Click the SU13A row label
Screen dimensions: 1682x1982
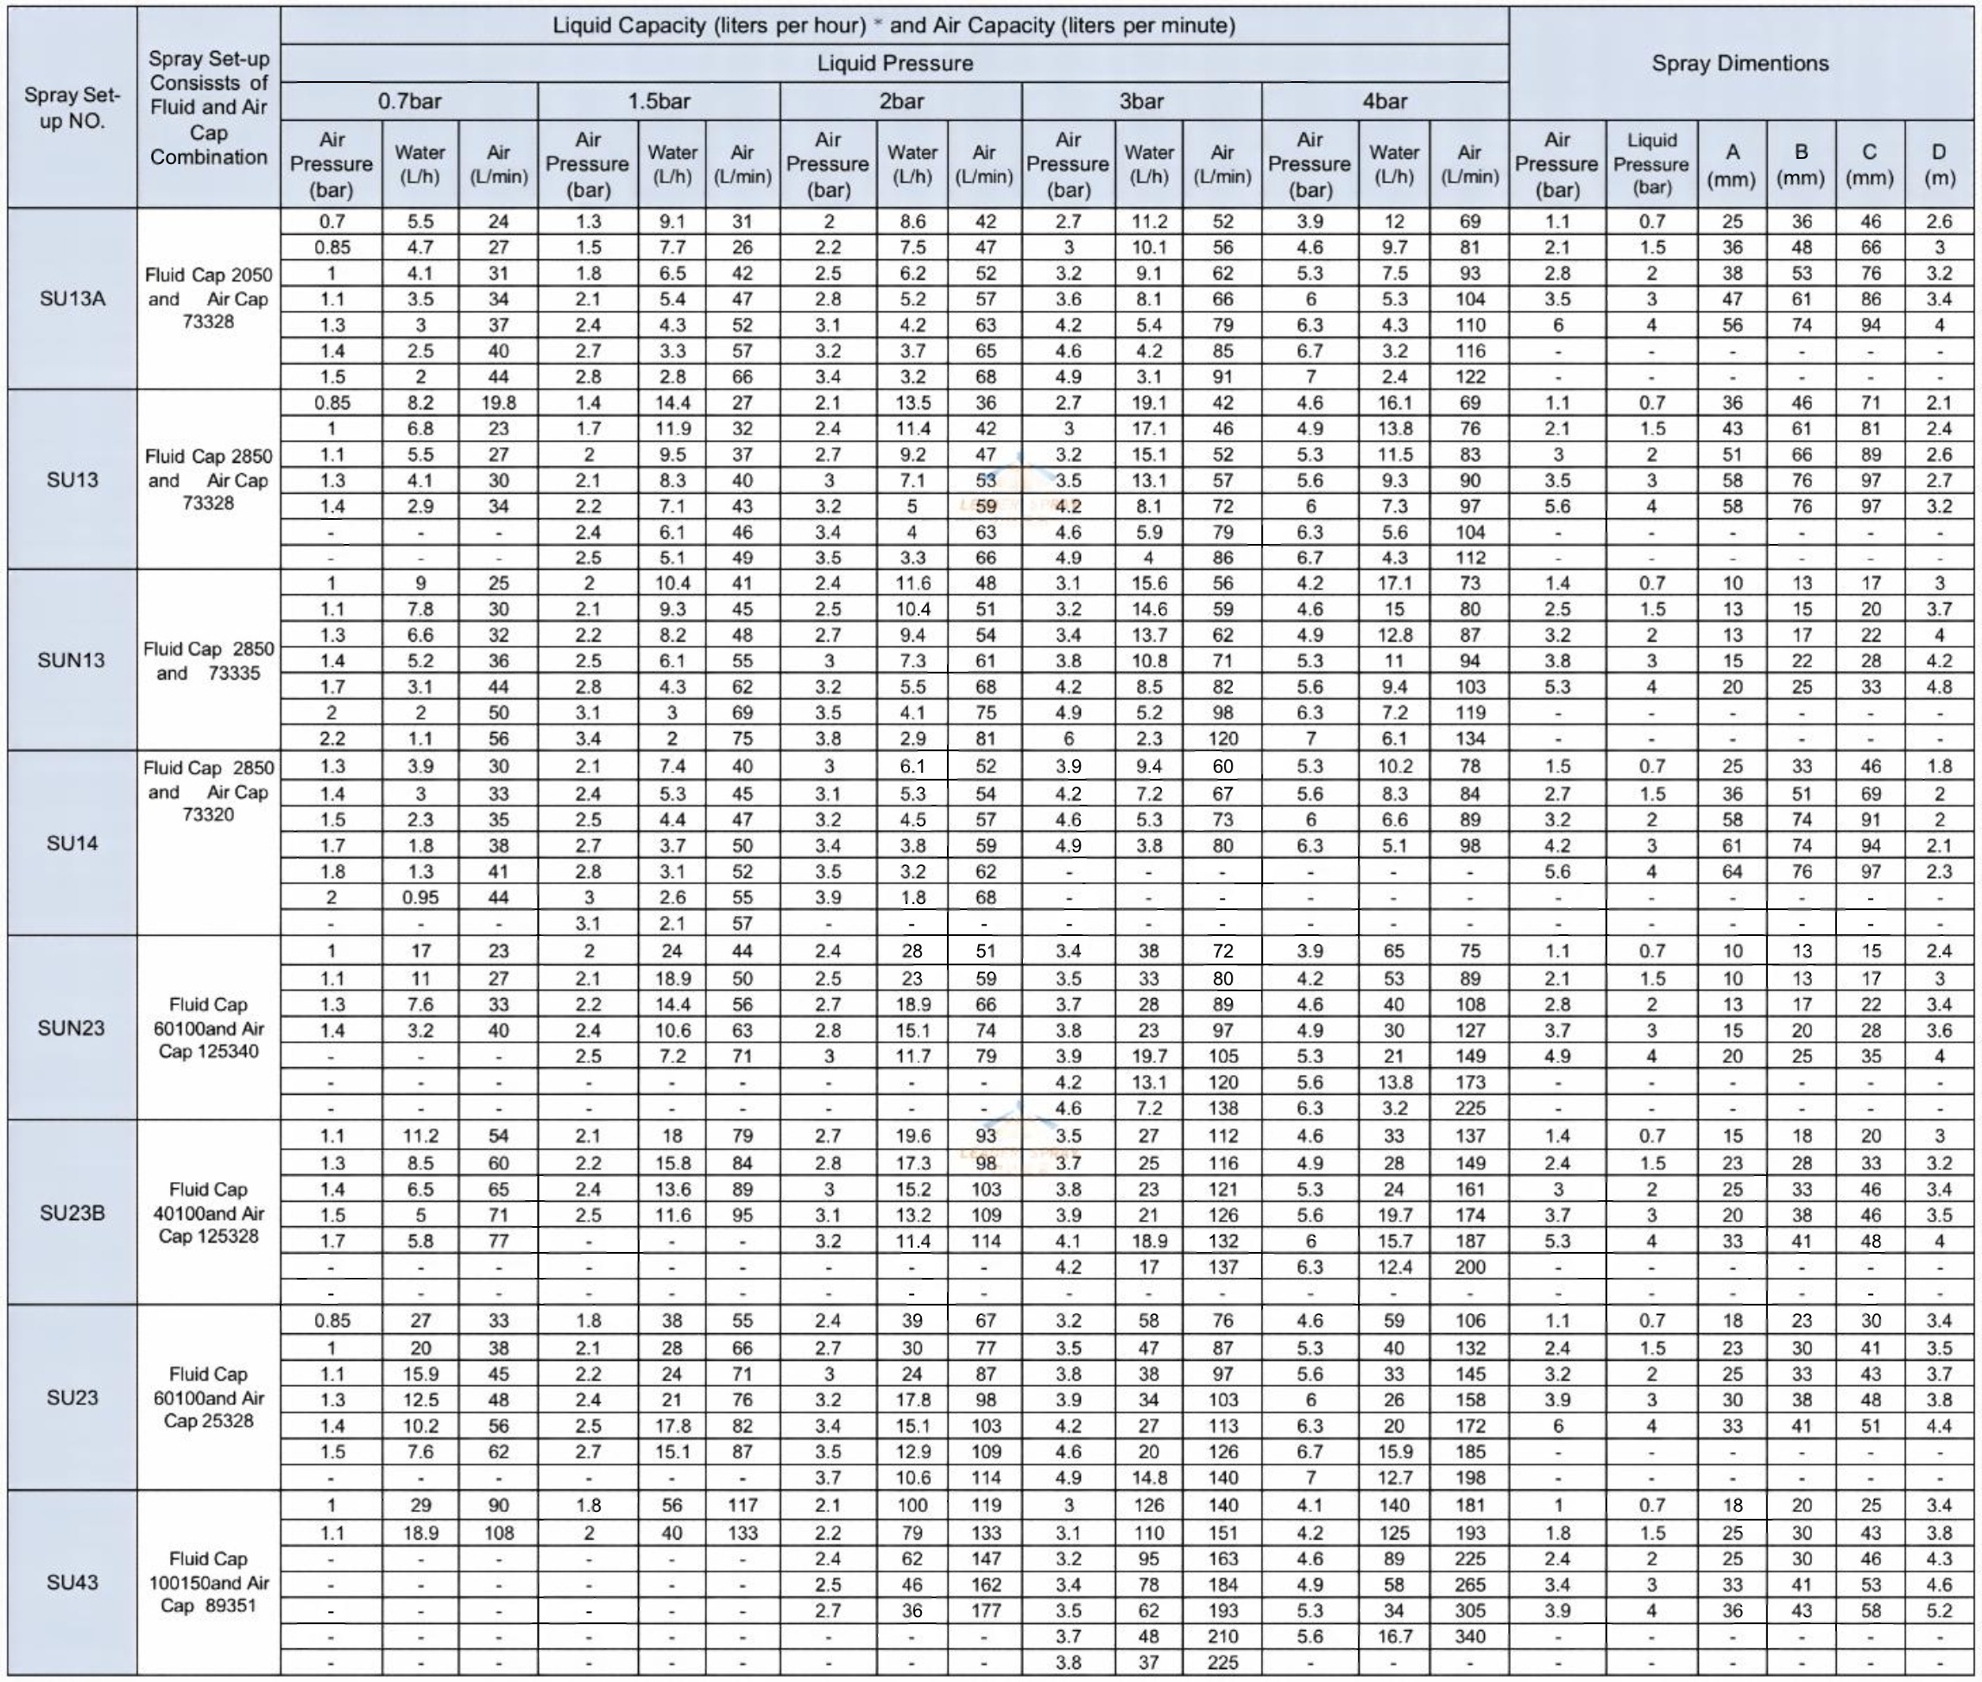[x=73, y=299]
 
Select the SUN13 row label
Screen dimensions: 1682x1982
[x=72, y=660]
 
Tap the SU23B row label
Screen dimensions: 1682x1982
[x=73, y=1213]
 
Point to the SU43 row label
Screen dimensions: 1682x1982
[x=73, y=1583]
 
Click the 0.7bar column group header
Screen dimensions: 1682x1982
[x=409, y=101]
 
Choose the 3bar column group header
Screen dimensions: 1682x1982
[x=1141, y=101]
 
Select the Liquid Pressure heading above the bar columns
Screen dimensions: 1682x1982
[x=894, y=64]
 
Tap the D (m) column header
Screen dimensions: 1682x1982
[x=1939, y=164]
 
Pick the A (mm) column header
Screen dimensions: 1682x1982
[x=1732, y=164]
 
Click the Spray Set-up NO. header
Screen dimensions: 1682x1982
[x=73, y=108]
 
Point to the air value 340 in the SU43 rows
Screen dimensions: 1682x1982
[x=1470, y=1637]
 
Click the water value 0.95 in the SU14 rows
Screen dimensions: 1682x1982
[x=420, y=897]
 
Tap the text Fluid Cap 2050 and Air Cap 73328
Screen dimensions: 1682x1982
[x=209, y=299]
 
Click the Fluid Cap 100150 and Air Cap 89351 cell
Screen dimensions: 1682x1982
[x=209, y=1583]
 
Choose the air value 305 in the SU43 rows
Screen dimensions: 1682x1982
[x=1470, y=1611]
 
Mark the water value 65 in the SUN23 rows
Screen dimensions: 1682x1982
[x=1394, y=951]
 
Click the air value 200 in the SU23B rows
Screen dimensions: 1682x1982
[x=1470, y=1268]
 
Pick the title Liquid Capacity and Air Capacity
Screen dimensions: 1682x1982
[x=894, y=26]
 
